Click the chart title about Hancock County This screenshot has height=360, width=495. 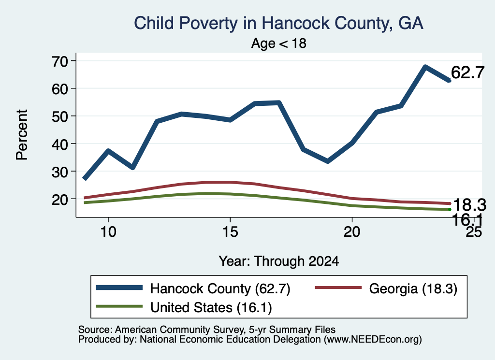[278, 23]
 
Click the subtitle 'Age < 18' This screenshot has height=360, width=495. [279, 43]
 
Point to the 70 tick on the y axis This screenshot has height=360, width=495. [59, 61]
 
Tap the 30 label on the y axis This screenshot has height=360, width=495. [59, 172]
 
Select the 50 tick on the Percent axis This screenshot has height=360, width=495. [59, 116]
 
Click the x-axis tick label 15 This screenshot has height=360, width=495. [230, 232]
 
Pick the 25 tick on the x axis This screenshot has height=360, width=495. [474, 232]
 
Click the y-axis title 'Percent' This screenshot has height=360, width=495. [22, 135]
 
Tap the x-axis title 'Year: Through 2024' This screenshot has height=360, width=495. [279, 261]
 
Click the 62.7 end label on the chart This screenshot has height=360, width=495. [467, 72]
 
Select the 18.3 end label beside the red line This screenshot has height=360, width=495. [469, 205]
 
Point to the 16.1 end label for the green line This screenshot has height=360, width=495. [467, 219]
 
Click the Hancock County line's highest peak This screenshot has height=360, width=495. [425, 67]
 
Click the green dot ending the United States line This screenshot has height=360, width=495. [450, 210]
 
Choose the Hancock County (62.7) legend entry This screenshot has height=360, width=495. [193, 288]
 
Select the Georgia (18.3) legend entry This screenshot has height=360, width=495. [386, 288]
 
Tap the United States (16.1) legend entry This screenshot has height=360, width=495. [184, 307]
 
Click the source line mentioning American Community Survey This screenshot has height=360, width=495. [207, 330]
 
